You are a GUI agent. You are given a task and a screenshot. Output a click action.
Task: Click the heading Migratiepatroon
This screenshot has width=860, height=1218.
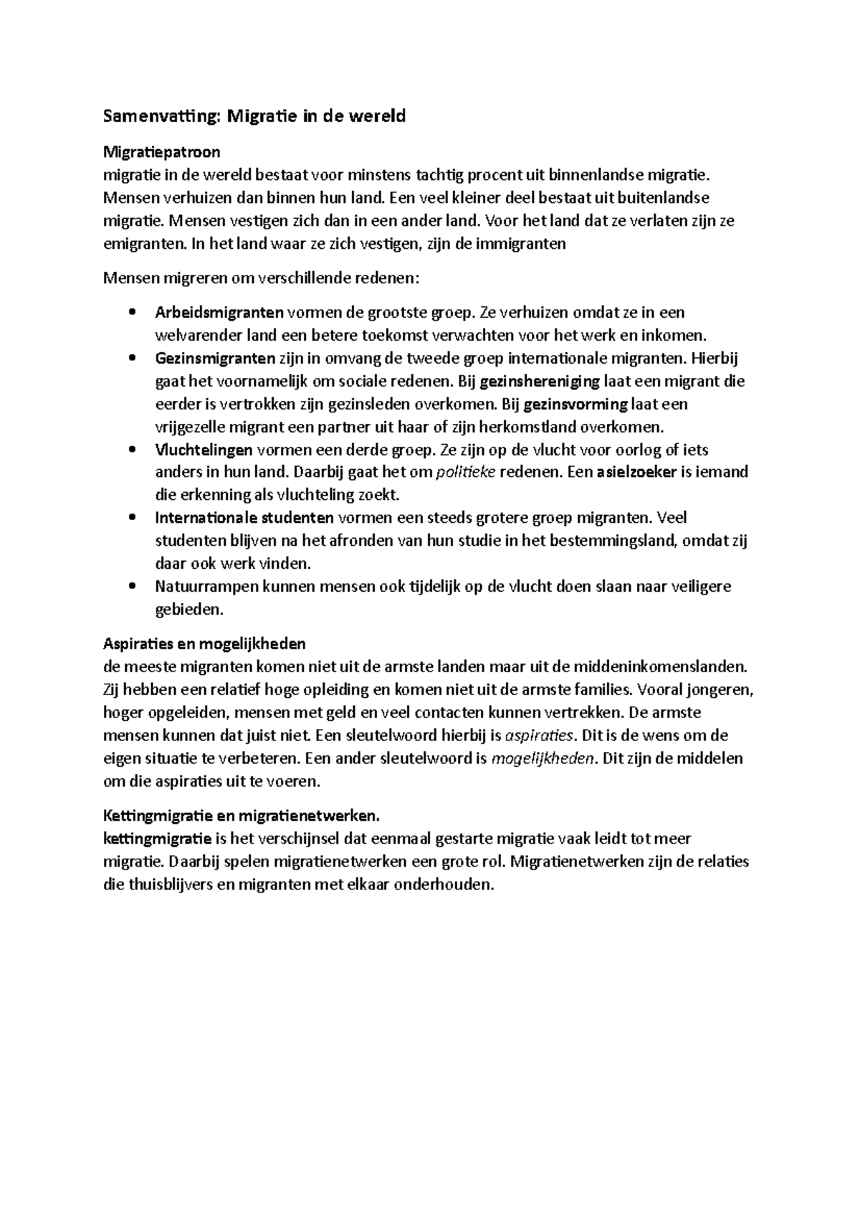click(x=162, y=152)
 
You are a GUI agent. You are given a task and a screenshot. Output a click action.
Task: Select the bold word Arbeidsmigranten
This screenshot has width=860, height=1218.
click(x=219, y=312)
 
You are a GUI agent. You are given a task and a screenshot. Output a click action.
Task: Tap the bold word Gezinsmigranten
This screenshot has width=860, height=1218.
click(x=215, y=358)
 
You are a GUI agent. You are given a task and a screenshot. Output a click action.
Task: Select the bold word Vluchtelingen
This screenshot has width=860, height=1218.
click(x=204, y=450)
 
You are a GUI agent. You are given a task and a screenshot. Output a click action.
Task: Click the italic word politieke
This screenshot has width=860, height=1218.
click(x=466, y=473)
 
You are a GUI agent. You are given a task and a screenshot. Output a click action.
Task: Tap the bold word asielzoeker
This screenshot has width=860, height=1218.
click(x=636, y=473)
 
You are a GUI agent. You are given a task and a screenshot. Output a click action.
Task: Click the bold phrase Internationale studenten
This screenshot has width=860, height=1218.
click(x=244, y=518)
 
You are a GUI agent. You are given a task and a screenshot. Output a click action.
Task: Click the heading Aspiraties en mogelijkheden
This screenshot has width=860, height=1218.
click(x=204, y=643)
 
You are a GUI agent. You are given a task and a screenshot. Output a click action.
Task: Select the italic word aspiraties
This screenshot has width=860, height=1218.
click(x=540, y=736)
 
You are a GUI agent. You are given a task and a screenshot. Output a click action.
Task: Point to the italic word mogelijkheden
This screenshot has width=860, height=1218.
click(x=544, y=759)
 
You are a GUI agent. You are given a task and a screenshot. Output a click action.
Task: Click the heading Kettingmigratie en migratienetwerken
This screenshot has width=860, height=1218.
click(x=241, y=816)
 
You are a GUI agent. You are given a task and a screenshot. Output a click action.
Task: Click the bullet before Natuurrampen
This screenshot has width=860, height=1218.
click(x=130, y=587)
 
